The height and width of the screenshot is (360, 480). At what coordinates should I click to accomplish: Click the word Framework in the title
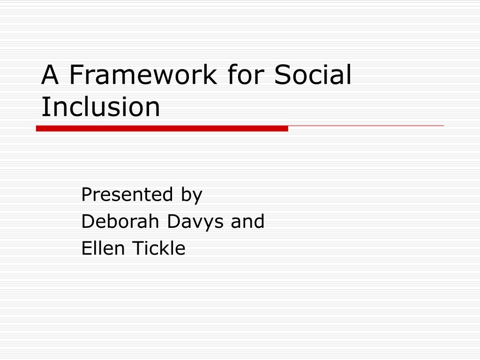coord(143,75)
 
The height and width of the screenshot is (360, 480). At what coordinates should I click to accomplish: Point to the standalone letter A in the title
coord(50,75)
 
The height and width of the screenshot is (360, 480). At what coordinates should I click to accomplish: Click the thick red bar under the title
coord(162,128)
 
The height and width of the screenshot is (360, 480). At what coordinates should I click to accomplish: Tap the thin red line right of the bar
coord(366,126)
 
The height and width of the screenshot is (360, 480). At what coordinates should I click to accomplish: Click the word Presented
coord(127,195)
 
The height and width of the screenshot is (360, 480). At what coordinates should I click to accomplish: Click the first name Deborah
coord(120,221)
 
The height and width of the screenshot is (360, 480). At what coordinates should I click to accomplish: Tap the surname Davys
coord(195,222)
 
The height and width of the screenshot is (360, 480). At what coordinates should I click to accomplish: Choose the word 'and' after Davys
coord(247,221)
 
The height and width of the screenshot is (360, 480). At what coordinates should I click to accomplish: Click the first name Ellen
coord(103,248)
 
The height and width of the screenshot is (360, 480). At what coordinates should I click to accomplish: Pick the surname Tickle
coord(159,248)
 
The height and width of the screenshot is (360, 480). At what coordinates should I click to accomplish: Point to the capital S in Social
coord(282,75)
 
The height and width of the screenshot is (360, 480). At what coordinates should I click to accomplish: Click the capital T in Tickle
coord(138,248)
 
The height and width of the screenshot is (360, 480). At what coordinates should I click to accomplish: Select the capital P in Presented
coord(87,195)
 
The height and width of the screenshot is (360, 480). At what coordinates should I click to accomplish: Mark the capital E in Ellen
coord(87,248)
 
